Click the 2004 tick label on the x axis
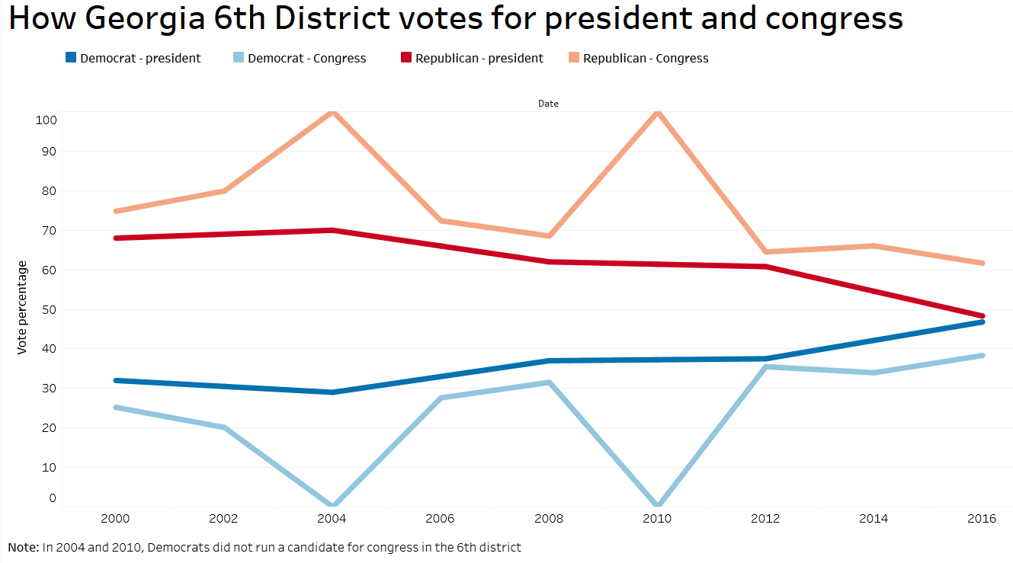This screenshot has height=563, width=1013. [x=332, y=519]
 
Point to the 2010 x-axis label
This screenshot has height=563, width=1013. [x=657, y=519]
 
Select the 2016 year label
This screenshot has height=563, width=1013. [x=982, y=519]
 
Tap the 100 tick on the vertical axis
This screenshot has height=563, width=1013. [x=46, y=120]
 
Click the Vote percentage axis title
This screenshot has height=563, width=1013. [x=23, y=307]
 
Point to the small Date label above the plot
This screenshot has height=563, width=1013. [x=548, y=104]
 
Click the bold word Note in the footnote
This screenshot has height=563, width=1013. [x=22, y=547]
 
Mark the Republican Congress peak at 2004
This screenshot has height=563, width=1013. [x=332, y=113]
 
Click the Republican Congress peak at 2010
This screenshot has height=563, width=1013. [x=657, y=113]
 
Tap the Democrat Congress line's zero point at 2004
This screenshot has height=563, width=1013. [x=332, y=505]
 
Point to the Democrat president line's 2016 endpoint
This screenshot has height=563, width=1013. [x=982, y=322]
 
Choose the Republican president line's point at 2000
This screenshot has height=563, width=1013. [x=116, y=238]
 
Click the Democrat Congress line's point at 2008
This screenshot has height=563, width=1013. [x=548, y=382]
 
